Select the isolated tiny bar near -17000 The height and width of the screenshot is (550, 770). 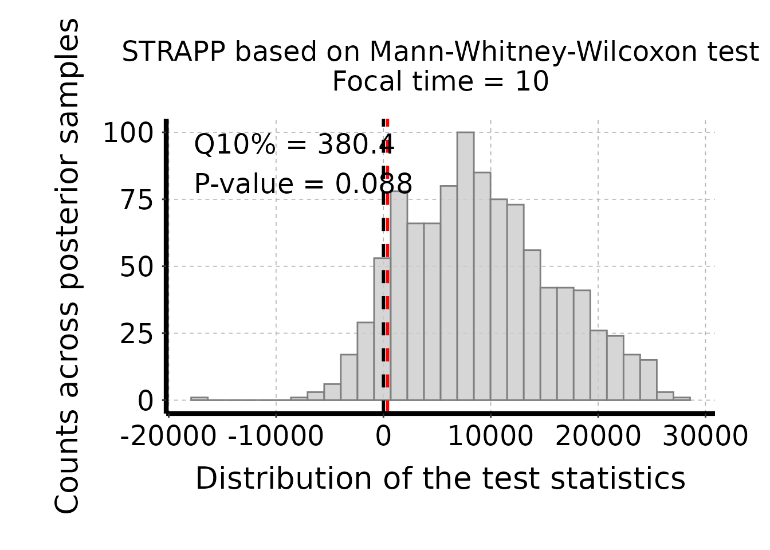click(x=199, y=398)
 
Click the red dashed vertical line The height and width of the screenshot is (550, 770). click(x=388, y=344)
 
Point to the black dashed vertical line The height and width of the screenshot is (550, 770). click(x=383, y=344)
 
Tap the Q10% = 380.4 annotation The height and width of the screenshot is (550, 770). click(x=293, y=144)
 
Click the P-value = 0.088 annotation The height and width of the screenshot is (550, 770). click(x=303, y=184)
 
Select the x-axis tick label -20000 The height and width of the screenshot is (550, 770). click(x=168, y=437)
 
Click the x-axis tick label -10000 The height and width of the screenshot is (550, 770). click(x=276, y=437)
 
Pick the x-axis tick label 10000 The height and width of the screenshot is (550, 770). click(x=490, y=437)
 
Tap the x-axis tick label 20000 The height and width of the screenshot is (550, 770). click(x=598, y=437)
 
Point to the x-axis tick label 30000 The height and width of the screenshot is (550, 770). click(x=705, y=437)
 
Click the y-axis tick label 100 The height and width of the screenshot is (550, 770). click(x=128, y=133)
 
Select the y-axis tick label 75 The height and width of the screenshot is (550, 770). click(x=137, y=200)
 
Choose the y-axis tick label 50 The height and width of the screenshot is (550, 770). click(x=137, y=267)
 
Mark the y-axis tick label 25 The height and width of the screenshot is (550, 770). click(x=137, y=334)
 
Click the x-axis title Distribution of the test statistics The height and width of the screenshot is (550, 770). click(x=440, y=478)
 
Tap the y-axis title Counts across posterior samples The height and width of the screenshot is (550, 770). click(x=67, y=266)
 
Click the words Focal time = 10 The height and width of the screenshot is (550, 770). click(x=440, y=81)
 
